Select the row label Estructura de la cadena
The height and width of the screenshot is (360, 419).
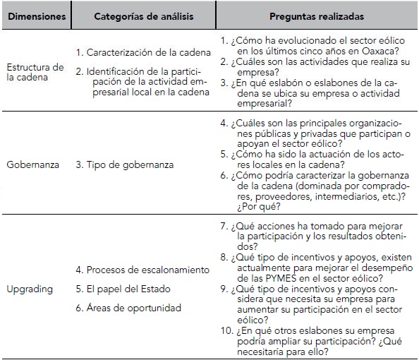click(35, 72)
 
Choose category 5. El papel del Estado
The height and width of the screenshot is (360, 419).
click(122, 289)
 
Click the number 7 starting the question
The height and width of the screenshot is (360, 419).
click(223, 227)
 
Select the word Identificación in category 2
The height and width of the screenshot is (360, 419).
click(116, 71)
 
